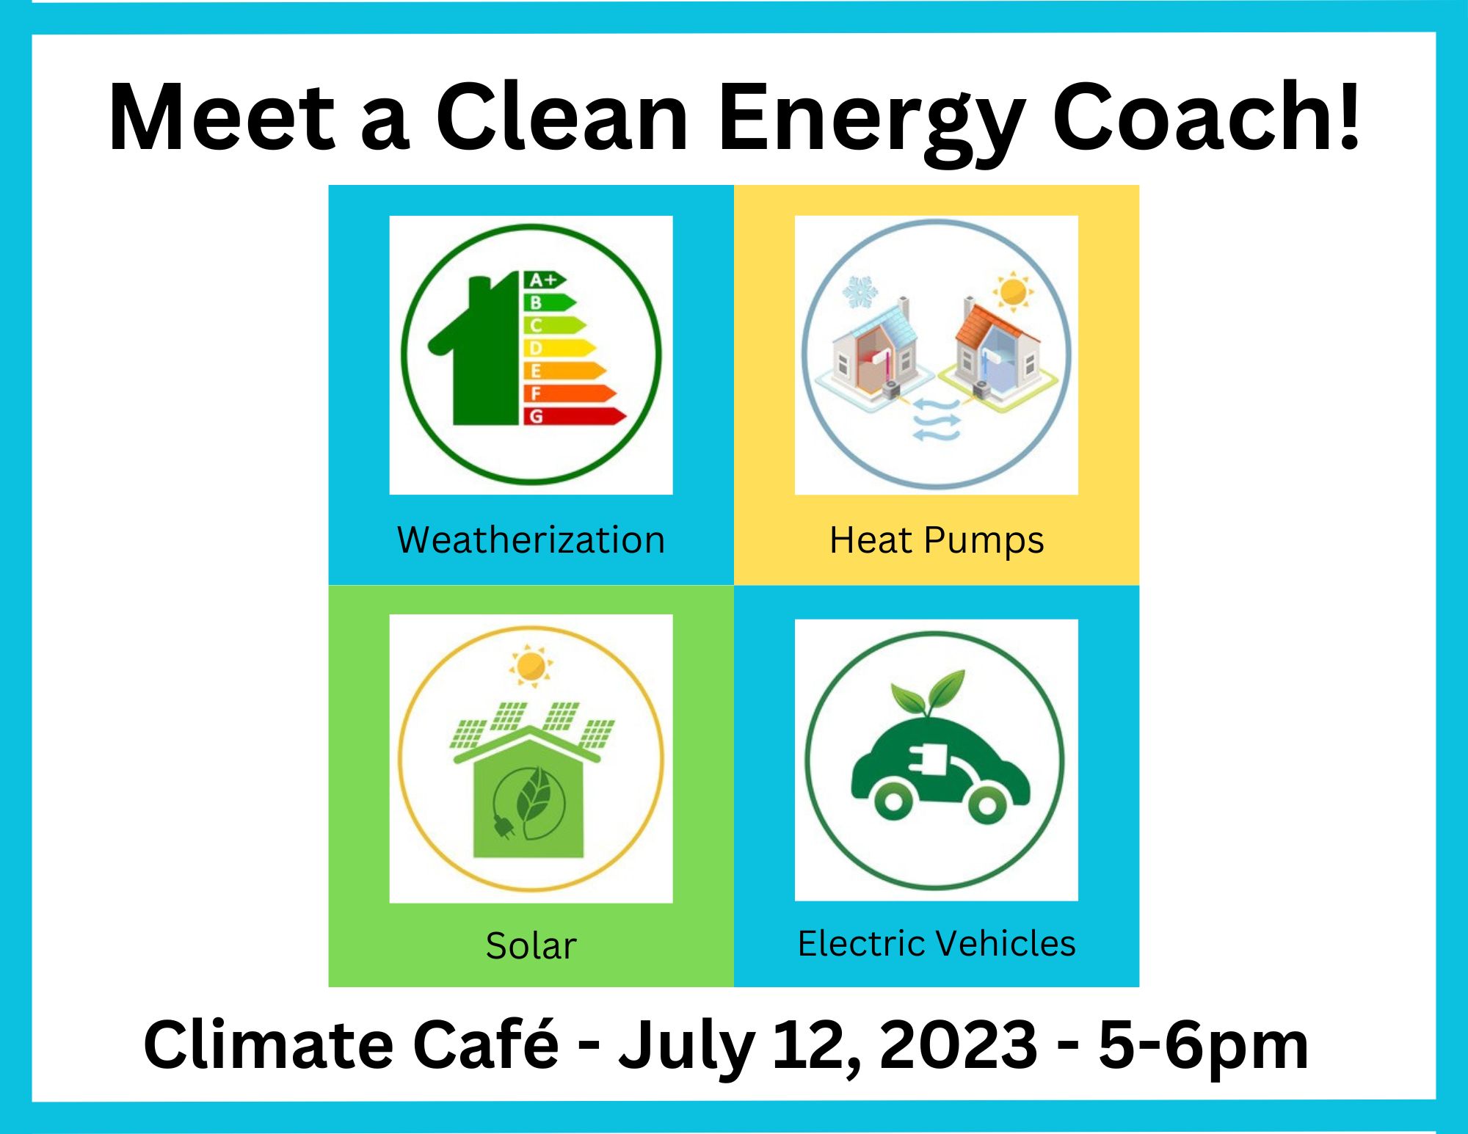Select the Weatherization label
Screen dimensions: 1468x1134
(531, 540)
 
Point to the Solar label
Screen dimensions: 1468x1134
(531, 945)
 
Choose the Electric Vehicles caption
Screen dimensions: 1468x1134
(937, 943)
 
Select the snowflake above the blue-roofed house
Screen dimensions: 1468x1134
(860, 292)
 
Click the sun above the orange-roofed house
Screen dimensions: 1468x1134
(1013, 291)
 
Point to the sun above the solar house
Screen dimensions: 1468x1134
(530, 666)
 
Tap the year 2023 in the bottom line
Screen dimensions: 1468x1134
(959, 1044)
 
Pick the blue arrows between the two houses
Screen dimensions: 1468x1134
(936, 420)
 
